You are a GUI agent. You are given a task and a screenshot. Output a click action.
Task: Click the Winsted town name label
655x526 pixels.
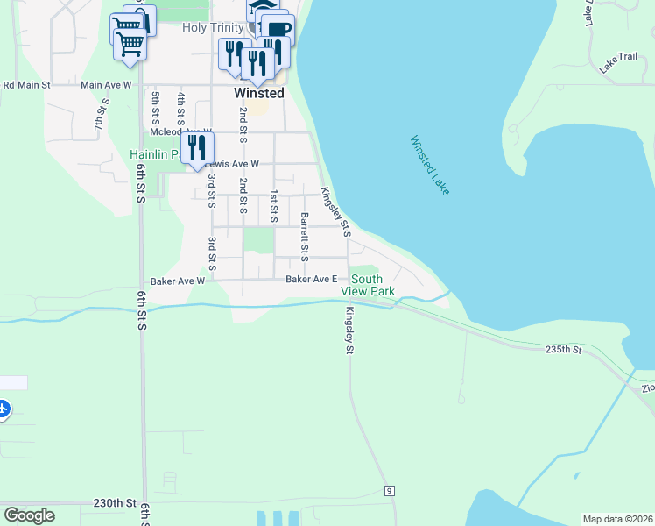pyautogui.click(x=258, y=93)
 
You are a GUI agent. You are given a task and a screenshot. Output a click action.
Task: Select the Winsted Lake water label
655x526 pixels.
pyautogui.click(x=429, y=165)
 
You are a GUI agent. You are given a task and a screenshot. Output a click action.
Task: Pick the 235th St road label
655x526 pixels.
pyautogui.click(x=563, y=349)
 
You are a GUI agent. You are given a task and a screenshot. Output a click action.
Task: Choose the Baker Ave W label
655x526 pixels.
pyautogui.click(x=177, y=281)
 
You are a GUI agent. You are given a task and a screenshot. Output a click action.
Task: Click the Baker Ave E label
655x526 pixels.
pyautogui.click(x=312, y=280)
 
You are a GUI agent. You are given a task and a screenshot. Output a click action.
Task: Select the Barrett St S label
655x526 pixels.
pyautogui.click(x=304, y=237)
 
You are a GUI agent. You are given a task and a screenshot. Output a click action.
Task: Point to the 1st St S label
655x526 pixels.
pyautogui.click(x=274, y=207)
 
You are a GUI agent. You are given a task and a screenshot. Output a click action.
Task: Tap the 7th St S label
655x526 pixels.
pyautogui.click(x=99, y=115)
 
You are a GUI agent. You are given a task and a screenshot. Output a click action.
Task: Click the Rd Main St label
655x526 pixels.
pyautogui.click(x=27, y=85)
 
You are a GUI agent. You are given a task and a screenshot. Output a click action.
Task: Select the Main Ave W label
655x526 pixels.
pyautogui.click(x=105, y=85)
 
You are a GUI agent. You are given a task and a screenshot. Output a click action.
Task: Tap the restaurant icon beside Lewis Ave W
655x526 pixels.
pyautogui.click(x=196, y=147)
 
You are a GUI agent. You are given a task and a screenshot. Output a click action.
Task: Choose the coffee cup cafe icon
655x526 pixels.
pyautogui.click(x=278, y=29)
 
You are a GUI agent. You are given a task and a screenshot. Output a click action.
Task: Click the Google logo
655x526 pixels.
pyautogui.click(x=29, y=515)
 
